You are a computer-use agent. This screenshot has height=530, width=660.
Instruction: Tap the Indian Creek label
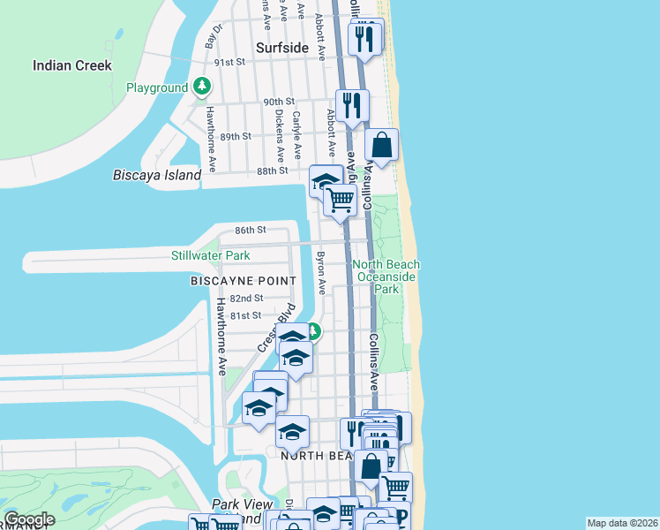(x=72, y=64)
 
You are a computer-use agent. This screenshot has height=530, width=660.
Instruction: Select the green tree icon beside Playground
(x=203, y=86)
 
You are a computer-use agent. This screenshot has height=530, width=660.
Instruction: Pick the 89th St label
(x=236, y=136)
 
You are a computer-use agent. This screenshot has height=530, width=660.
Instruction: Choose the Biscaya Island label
(x=157, y=175)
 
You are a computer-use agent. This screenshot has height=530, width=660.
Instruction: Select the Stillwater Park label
(x=210, y=255)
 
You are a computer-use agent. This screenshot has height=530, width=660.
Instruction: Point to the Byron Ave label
(x=322, y=273)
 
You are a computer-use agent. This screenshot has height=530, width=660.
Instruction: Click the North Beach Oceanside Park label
(x=386, y=276)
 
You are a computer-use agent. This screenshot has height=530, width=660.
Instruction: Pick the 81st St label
(x=246, y=314)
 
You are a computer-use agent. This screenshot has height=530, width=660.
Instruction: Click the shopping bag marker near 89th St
(x=381, y=146)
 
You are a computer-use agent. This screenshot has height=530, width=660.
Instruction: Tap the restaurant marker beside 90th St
(x=352, y=106)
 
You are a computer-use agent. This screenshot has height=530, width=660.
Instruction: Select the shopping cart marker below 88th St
(x=340, y=200)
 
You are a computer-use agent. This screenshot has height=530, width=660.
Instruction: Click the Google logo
(x=29, y=519)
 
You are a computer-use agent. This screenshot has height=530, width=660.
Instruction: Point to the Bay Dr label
(x=211, y=36)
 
